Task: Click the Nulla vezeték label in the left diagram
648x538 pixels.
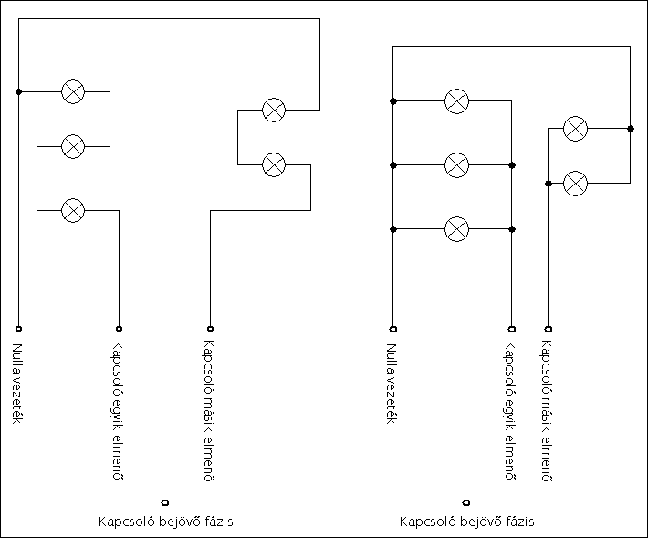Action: [17, 384]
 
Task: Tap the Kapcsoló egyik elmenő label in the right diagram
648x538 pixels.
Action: [510, 411]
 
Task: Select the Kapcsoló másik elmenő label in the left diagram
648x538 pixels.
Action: [209, 411]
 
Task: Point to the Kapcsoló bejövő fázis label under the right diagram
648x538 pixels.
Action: [466, 522]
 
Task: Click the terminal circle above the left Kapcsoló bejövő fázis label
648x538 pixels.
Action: [165, 501]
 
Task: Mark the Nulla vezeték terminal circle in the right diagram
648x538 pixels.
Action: [392, 328]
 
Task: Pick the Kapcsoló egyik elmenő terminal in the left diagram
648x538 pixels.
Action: [119, 328]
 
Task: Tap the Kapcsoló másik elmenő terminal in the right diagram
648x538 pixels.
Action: [548, 328]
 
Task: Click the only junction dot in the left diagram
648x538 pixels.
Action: [18, 91]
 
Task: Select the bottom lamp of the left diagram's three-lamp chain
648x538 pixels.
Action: [73, 210]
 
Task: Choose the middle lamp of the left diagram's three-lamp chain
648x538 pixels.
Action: [73, 145]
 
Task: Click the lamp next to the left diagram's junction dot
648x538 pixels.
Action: [73, 91]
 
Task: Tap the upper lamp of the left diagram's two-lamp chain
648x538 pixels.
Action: [274, 110]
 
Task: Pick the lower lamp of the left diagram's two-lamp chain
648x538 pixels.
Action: [274, 164]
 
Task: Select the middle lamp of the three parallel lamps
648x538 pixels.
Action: [456, 164]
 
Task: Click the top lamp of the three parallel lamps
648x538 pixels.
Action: [456, 100]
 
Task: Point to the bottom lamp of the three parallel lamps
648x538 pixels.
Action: [456, 228]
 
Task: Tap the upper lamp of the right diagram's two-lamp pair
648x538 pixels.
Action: [575, 128]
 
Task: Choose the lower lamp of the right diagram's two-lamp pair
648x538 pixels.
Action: [575, 183]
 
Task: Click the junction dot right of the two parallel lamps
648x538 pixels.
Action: [631, 129]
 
